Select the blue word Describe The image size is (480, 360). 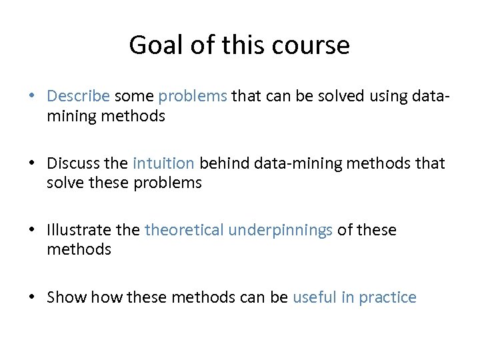[78, 96]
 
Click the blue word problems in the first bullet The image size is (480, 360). [193, 96]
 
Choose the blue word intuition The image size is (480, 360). [164, 163]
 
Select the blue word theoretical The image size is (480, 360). [184, 230]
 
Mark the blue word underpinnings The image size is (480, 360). [281, 230]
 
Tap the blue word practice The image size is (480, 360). [387, 297]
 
